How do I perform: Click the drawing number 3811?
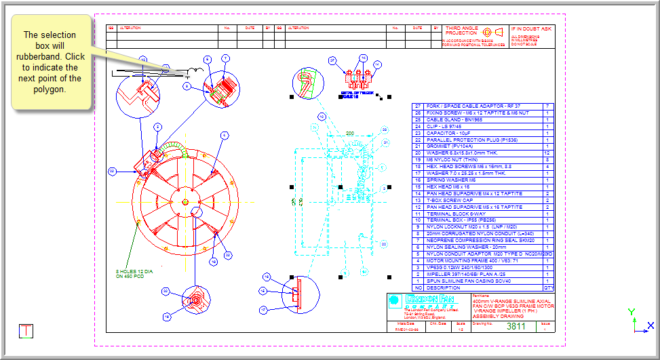(x=517, y=326)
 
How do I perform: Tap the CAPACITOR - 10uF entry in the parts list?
(x=448, y=133)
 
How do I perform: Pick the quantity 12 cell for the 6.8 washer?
(x=547, y=153)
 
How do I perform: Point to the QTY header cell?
(x=548, y=287)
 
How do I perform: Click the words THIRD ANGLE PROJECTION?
(x=461, y=31)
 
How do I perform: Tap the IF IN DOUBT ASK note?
(x=532, y=29)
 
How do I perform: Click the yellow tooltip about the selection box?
(x=50, y=62)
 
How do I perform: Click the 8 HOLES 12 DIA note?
(x=134, y=274)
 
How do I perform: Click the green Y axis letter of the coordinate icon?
(x=632, y=312)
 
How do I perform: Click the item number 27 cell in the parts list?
(x=418, y=106)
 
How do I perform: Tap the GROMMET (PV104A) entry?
(x=450, y=146)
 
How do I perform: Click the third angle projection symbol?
(x=493, y=32)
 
